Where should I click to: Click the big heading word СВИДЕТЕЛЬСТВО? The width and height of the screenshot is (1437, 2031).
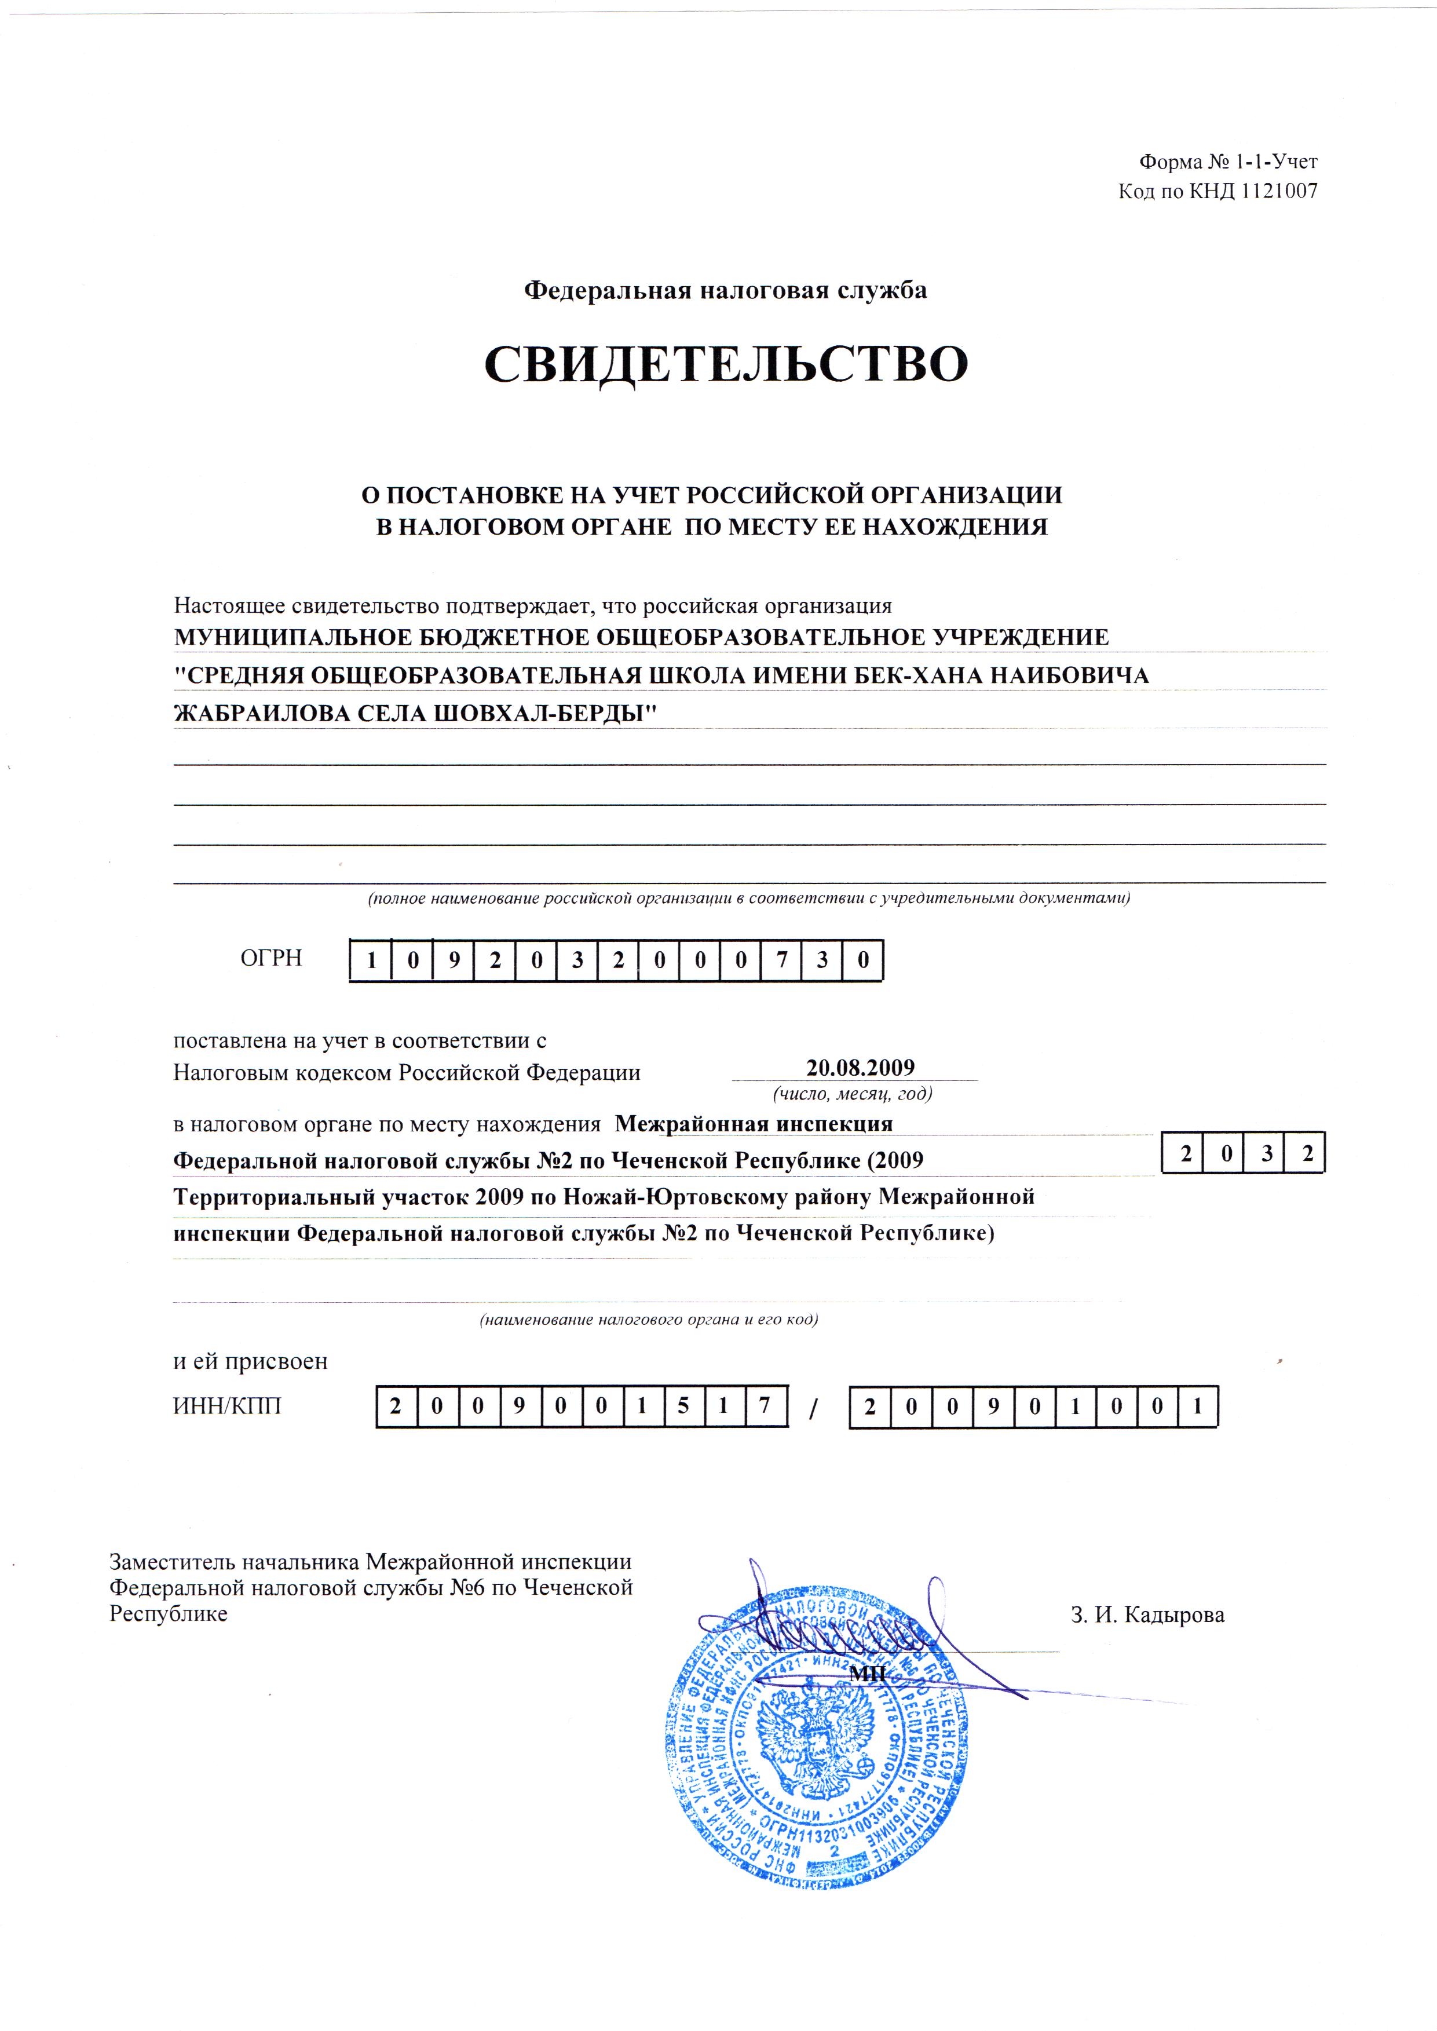[726, 364]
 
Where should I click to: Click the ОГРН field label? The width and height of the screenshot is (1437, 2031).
[270, 958]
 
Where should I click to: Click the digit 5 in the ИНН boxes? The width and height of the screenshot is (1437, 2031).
[683, 1406]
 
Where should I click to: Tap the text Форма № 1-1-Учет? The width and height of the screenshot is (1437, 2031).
[1228, 162]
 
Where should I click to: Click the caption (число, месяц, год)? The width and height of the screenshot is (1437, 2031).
[852, 1093]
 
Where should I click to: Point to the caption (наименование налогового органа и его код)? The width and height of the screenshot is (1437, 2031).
[649, 1320]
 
